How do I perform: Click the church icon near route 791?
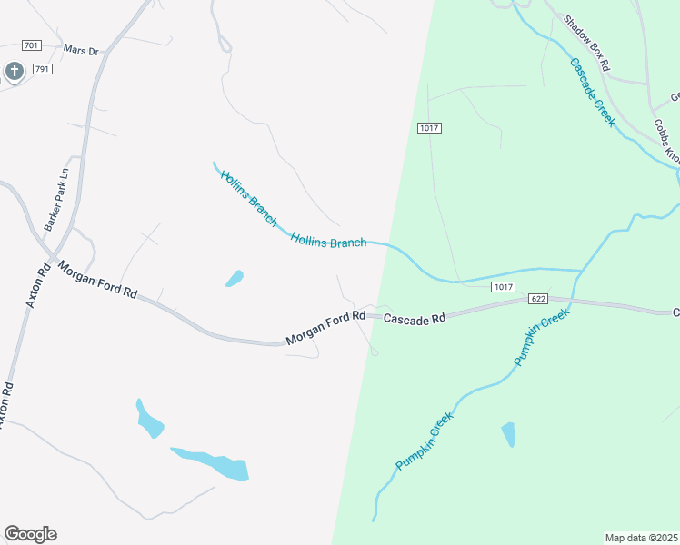click(14, 71)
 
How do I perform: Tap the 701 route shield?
click(32, 45)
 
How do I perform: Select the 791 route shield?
click(42, 68)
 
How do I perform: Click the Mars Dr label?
click(81, 50)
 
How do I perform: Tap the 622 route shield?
click(538, 298)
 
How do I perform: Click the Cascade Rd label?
click(415, 319)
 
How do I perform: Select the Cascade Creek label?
click(593, 91)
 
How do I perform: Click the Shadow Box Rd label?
click(585, 43)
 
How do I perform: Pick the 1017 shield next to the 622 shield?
click(505, 286)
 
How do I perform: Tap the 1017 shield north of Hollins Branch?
click(430, 128)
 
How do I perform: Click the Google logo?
click(30, 533)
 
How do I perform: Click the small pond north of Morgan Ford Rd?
click(235, 278)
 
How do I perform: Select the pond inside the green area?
click(507, 433)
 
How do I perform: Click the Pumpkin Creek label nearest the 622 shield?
click(541, 336)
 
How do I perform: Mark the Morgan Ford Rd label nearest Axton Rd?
click(98, 281)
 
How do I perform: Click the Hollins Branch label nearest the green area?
click(329, 240)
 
